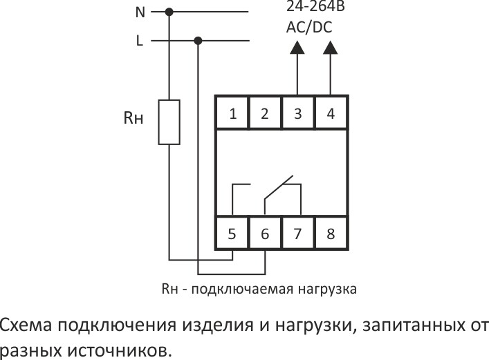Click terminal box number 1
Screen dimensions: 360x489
click(233, 113)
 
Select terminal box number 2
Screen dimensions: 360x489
click(265, 113)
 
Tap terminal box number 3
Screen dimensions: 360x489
click(297, 113)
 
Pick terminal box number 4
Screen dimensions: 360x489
click(331, 113)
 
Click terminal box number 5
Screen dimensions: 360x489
click(232, 234)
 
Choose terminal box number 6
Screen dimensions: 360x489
click(265, 234)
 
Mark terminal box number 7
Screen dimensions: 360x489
click(297, 234)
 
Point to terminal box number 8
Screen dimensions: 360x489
click(331, 234)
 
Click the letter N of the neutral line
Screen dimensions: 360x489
click(138, 12)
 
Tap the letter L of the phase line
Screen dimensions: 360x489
click(139, 41)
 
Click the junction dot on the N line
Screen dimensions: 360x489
click(169, 12)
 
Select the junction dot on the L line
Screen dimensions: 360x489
click(199, 41)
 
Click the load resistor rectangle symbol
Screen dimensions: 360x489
click(169, 122)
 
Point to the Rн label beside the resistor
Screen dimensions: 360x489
click(133, 118)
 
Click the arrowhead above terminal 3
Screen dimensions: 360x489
click(297, 48)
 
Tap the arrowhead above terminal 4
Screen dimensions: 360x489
click(331, 48)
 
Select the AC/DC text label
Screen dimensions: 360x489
click(309, 28)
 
